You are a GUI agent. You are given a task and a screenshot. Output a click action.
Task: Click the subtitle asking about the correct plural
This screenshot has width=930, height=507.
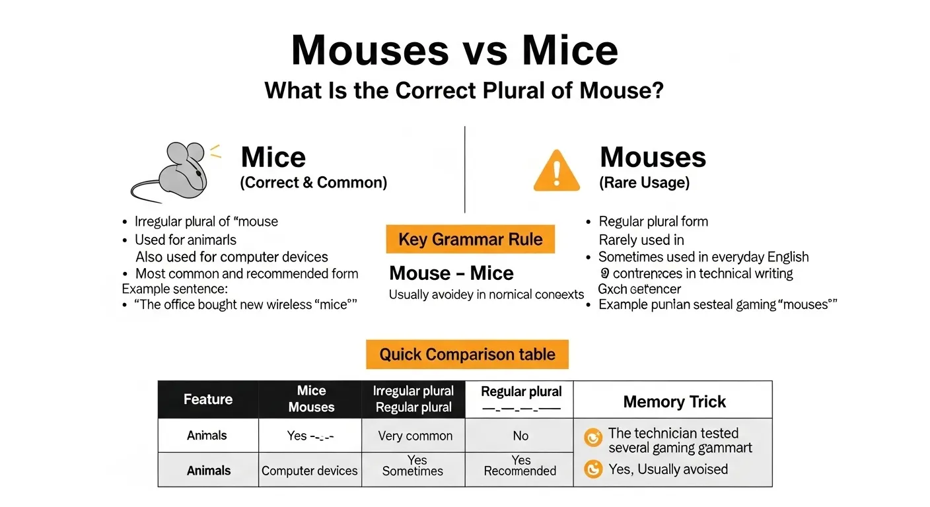464,90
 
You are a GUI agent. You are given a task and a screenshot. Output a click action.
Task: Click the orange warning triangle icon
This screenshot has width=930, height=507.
556,171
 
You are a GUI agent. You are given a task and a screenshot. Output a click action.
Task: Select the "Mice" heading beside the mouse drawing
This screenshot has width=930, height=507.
273,158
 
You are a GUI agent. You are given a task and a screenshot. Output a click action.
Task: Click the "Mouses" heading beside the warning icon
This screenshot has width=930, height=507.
653,158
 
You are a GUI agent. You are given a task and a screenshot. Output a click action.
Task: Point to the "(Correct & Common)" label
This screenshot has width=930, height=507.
313,183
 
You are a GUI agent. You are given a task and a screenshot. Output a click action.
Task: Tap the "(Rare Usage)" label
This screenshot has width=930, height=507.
644,183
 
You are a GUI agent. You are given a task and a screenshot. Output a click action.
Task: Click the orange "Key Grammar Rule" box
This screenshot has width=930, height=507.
470,239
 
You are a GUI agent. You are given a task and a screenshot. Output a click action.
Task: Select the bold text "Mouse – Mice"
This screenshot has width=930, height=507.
451,273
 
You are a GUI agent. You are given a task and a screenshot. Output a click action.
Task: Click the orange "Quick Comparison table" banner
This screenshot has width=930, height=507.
467,355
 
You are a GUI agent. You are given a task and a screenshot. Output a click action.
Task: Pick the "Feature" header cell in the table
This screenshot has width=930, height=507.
208,399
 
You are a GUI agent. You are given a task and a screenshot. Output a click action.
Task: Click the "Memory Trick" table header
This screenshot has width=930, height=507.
674,401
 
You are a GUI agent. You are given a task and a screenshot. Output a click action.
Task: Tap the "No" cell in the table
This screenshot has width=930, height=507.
520,436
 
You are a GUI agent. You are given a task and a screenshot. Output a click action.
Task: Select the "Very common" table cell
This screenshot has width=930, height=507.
415,436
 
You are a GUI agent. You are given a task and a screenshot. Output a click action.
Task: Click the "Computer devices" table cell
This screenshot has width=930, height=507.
310,471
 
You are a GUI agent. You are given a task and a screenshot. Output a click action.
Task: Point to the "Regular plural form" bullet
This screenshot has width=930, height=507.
653,221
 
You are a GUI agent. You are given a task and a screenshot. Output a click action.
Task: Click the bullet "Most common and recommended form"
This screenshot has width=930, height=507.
246,273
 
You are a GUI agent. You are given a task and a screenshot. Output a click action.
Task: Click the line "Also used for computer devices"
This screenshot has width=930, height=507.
231,257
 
